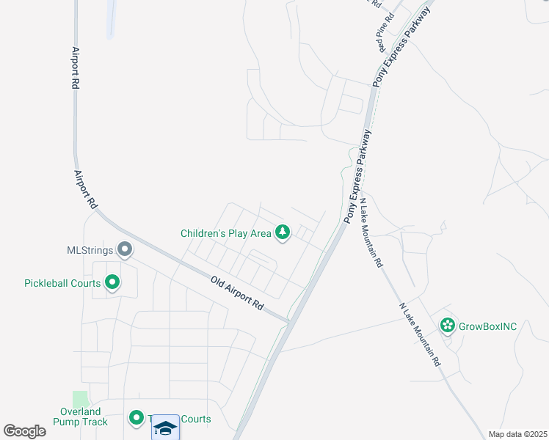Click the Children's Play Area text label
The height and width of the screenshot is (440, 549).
coord(225,234)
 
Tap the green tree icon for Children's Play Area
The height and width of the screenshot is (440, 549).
coord(283,233)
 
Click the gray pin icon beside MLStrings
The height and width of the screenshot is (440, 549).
coord(125,250)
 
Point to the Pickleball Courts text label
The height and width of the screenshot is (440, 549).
coord(62,283)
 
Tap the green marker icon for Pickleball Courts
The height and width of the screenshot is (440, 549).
coord(112,282)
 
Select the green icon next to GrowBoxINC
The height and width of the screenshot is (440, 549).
coord(447,325)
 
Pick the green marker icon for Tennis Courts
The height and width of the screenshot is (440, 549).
coord(136,418)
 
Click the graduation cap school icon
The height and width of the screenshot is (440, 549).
coord(166,428)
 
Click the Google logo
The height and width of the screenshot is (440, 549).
coord(25,430)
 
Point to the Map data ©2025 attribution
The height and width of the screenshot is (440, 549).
coord(517,435)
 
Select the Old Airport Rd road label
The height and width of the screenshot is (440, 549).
coord(236,291)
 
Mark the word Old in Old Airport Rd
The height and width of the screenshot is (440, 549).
coord(217,281)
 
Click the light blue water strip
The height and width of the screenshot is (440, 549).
coord(112,18)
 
